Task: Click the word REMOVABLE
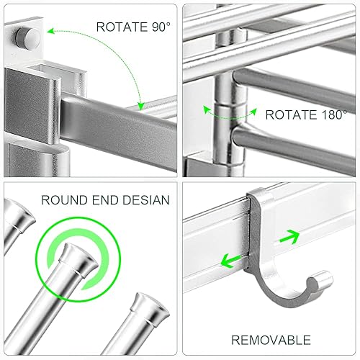tap(271, 339)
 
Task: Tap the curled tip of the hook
tap(323, 278)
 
